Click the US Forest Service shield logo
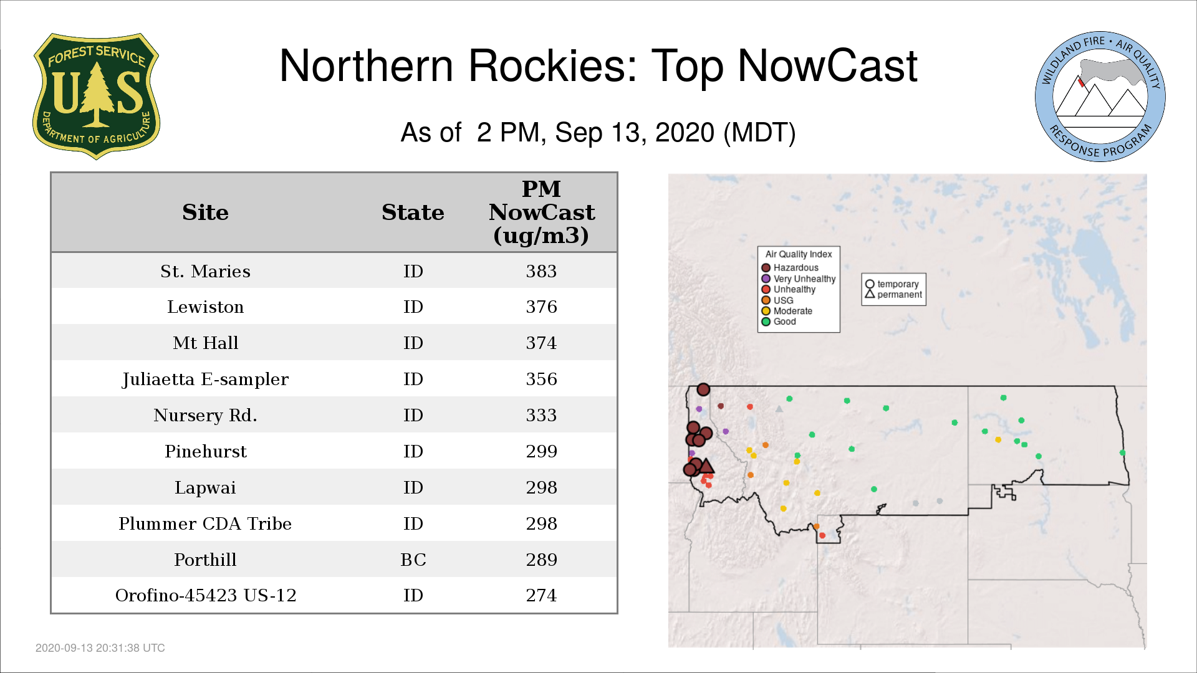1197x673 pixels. [x=96, y=96]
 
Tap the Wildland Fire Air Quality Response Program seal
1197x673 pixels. [x=1100, y=97]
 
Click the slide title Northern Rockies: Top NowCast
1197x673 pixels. [x=598, y=65]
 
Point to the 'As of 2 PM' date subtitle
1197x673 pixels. [x=598, y=132]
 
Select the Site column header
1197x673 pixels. [x=205, y=212]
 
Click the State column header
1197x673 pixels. [x=413, y=212]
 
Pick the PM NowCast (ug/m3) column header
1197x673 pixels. [x=541, y=212]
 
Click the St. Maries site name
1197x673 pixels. [x=205, y=271]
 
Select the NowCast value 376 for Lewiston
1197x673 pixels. [x=541, y=307]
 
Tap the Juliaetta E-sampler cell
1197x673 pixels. [x=205, y=379]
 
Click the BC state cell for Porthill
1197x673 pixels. [x=413, y=560]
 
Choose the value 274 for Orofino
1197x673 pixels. [x=541, y=595]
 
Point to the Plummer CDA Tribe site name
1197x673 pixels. [x=205, y=523]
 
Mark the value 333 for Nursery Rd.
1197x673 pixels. [x=541, y=415]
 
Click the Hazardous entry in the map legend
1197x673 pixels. [x=790, y=268]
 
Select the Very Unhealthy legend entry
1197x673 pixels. [x=799, y=279]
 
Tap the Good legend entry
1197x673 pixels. [x=779, y=322]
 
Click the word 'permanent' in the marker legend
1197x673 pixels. [x=900, y=295]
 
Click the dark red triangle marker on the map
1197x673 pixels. [x=706, y=466]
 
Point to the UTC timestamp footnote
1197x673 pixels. [x=100, y=648]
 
